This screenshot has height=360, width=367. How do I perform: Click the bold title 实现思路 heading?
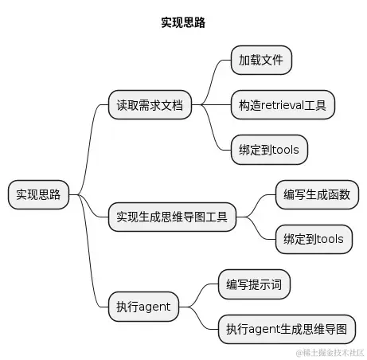[183, 23]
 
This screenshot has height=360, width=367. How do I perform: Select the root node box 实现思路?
[38, 194]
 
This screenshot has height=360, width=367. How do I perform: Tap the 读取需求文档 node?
[150, 105]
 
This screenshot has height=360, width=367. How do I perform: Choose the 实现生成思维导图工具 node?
[172, 217]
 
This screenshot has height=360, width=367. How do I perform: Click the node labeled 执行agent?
[143, 305]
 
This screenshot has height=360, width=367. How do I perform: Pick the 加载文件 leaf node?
[260, 60]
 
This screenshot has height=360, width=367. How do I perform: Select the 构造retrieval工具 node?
[282, 105]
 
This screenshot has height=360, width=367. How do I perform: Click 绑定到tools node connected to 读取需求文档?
[268, 150]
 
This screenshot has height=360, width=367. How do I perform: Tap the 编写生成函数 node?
[316, 194]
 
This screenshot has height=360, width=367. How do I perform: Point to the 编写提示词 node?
[254, 284]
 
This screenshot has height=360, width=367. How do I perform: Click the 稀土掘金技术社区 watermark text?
[330, 351]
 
